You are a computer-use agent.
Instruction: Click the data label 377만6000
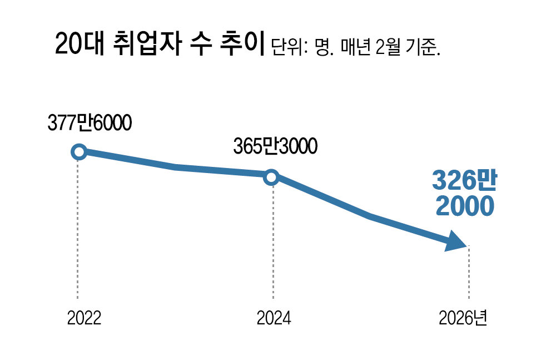89,124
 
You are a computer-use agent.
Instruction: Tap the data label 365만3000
276,147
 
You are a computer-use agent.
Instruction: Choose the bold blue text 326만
464,181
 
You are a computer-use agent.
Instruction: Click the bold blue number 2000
464,206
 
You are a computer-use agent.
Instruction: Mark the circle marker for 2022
79,151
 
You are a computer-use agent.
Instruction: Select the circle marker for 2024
271,177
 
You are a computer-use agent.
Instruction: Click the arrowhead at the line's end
456,243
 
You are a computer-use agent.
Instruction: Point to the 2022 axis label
84,318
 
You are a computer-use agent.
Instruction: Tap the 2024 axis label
274,318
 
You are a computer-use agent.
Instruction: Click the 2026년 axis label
463,318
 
